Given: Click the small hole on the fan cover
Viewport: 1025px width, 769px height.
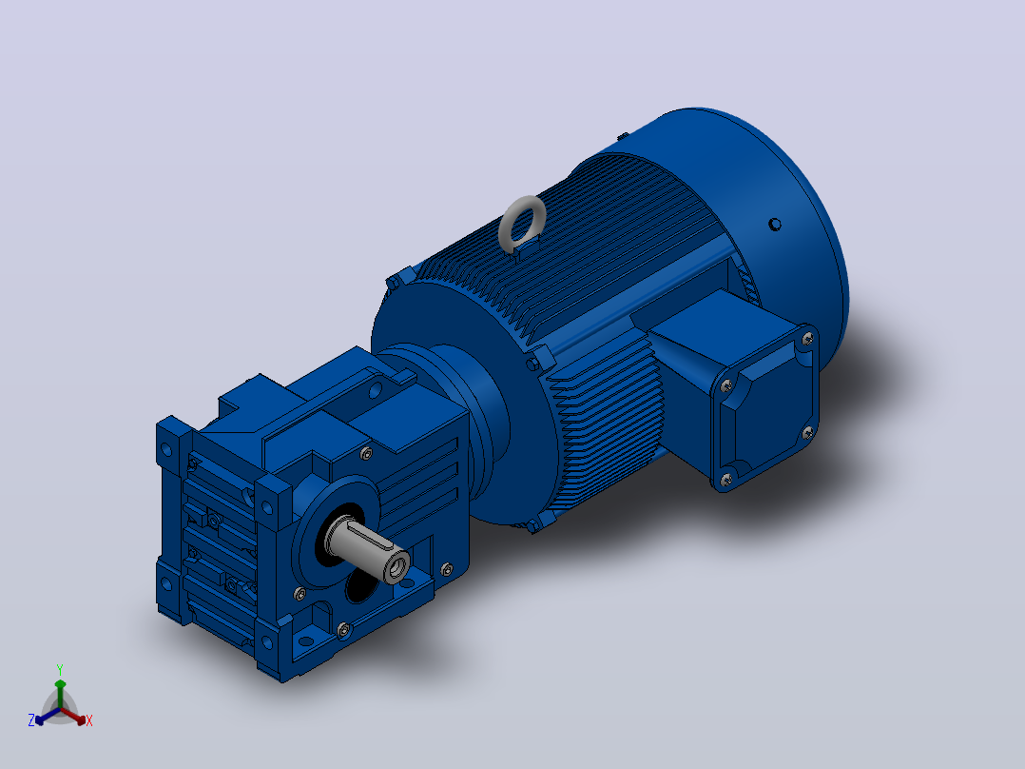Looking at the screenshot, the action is pos(775,225).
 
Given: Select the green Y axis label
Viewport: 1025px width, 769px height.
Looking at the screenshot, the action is pos(60,669).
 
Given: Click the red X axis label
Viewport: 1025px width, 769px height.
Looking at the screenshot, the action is pos(89,720).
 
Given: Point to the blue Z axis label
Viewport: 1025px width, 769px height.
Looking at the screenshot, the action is pos(31,720).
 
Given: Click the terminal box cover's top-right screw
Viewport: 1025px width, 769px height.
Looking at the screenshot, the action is pos(807,339).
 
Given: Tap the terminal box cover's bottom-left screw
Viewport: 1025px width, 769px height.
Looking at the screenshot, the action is pos(725,481).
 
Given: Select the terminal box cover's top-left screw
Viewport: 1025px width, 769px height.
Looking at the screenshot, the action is pos(726,386).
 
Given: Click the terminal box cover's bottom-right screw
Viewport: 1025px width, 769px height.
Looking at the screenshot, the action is pos(807,433).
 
